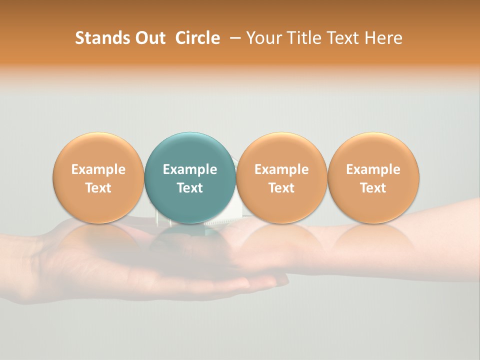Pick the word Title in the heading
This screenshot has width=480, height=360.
(299, 38)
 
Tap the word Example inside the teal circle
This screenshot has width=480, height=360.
(190, 169)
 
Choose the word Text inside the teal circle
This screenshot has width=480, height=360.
(190, 188)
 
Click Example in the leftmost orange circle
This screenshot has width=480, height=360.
(98, 169)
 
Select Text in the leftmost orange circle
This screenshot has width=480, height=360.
(98, 188)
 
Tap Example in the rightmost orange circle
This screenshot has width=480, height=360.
(373, 169)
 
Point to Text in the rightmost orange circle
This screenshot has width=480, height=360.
(373, 188)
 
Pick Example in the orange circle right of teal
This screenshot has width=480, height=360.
(281, 169)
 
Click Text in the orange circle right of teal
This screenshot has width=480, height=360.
(281, 188)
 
